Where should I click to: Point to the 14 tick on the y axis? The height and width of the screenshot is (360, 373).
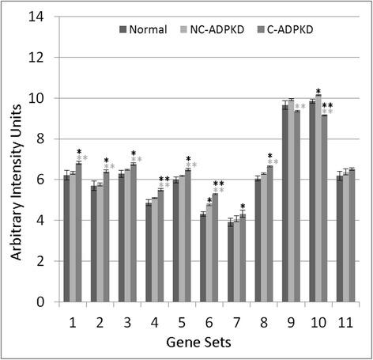click(x=36, y=17)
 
